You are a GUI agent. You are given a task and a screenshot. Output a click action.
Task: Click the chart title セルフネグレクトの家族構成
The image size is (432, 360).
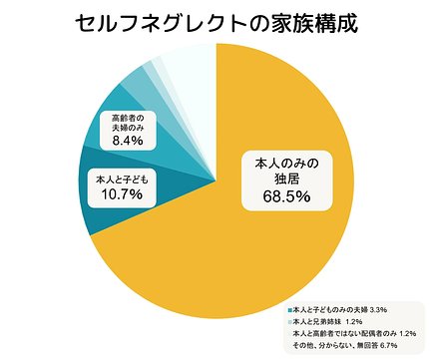(216, 23)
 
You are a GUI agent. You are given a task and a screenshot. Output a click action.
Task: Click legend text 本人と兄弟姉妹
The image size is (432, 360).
(321, 322)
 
